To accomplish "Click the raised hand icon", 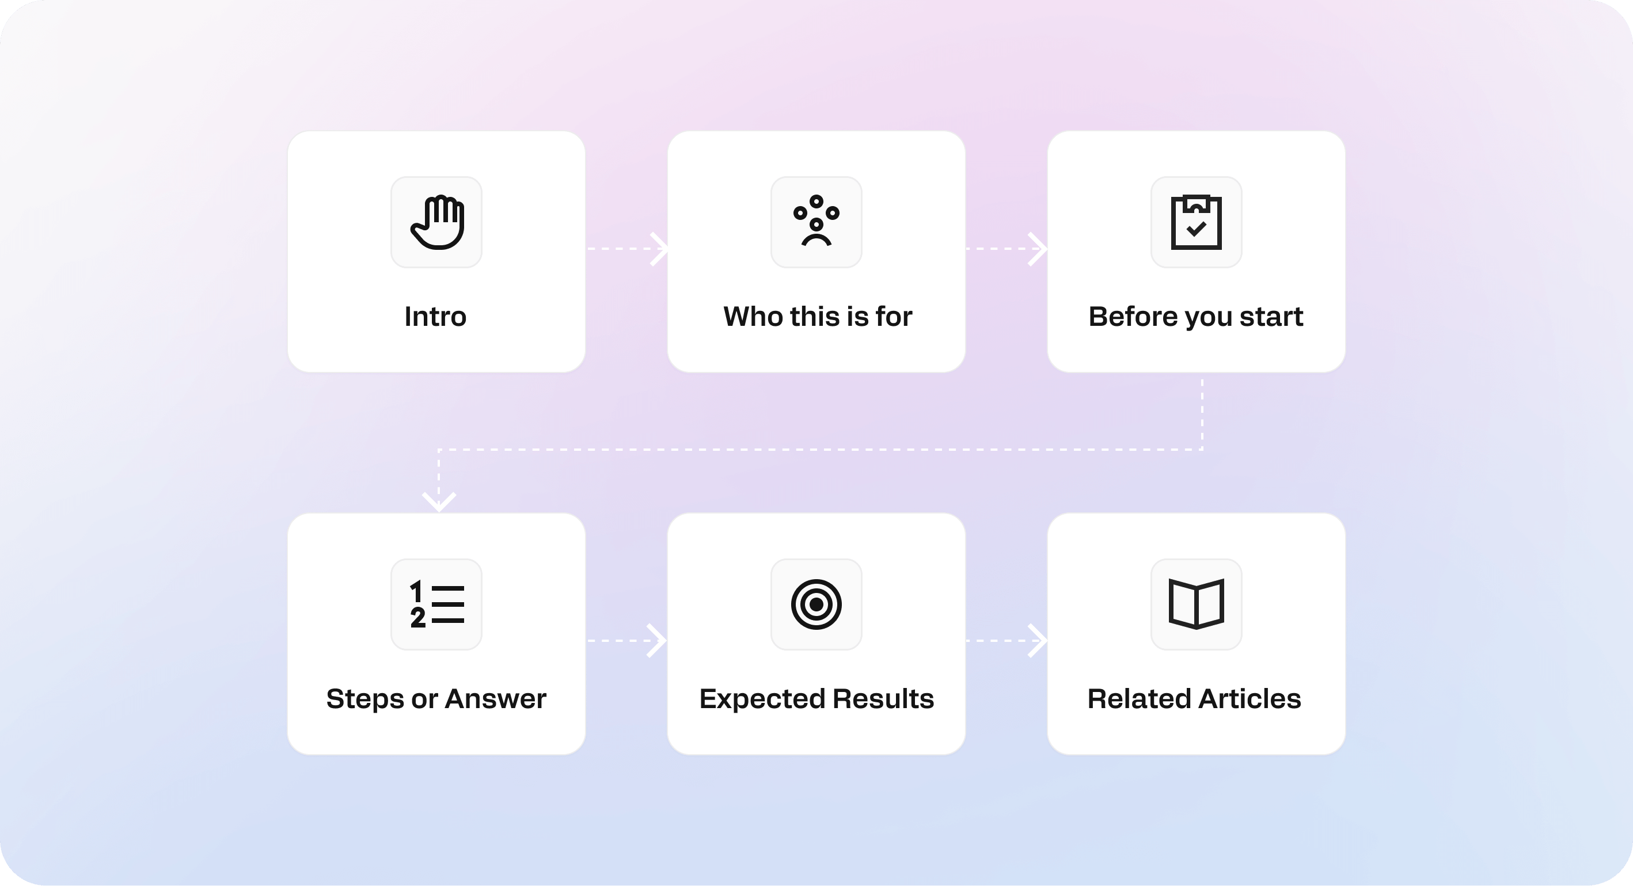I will [x=437, y=222].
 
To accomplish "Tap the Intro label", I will [x=435, y=316].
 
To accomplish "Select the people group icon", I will [x=817, y=222].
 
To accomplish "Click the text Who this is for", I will [x=818, y=316].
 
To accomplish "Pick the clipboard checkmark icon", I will [x=1196, y=222].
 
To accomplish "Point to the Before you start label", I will [x=1195, y=316].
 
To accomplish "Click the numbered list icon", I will [x=437, y=604].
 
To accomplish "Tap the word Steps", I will [x=364, y=699].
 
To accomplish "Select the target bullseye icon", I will [x=817, y=604].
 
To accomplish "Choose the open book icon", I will [x=1196, y=604].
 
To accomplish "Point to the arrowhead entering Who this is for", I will [x=660, y=249].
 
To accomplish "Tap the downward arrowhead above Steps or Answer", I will [x=439, y=502].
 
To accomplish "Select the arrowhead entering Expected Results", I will [x=658, y=641].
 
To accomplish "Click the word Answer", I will [x=496, y=698].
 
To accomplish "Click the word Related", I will [x=1138, y=698].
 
